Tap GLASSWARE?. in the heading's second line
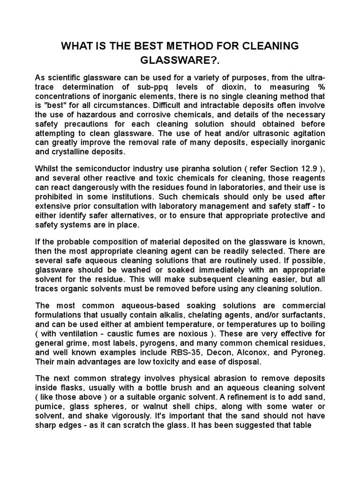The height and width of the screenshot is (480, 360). [180, 61]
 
